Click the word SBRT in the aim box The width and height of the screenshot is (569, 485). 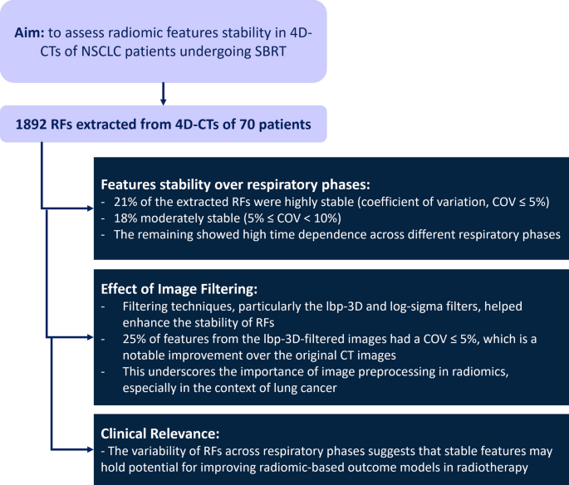coord(281,50)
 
